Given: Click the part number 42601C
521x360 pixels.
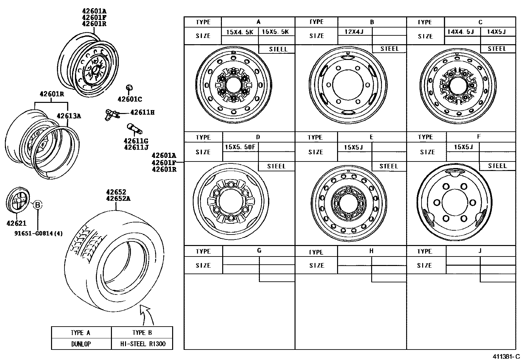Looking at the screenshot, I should [x=130, y=99].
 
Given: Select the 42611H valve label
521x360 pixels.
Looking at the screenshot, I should [x=142, y=112].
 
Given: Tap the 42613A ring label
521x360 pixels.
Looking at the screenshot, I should [x=69, y=116].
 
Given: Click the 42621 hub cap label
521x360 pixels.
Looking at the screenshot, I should [x=16, y=223].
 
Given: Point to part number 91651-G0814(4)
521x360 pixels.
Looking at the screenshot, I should [x=39, y=234].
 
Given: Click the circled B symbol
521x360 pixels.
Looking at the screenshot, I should [x=38, y=205].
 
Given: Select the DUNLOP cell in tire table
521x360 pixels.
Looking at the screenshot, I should [x=81, y=344].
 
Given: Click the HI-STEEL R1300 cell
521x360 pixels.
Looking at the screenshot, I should [x=142, y=344].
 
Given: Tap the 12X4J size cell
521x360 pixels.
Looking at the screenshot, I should [x=354, y=32].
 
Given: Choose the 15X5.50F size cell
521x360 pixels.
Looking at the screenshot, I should [x=240, y=147].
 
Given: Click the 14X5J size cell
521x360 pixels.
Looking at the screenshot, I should [x=496, y=32].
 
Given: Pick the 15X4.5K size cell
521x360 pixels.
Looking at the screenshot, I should [x=240, y=32].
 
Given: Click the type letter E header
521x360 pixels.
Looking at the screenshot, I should [x=371, y=137].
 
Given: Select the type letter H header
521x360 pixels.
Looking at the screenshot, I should [x=371, y=251].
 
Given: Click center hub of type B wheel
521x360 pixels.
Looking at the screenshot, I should [x=348, y=85].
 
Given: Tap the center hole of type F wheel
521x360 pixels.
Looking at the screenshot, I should [x=455, y=203].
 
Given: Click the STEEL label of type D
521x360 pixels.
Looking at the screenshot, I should [x=276, y=166].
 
